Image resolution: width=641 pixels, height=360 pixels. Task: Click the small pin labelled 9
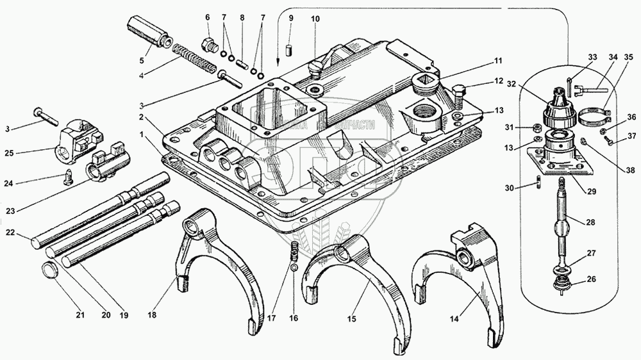point(290,49)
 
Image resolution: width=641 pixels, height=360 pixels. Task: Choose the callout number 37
point(632,135)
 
